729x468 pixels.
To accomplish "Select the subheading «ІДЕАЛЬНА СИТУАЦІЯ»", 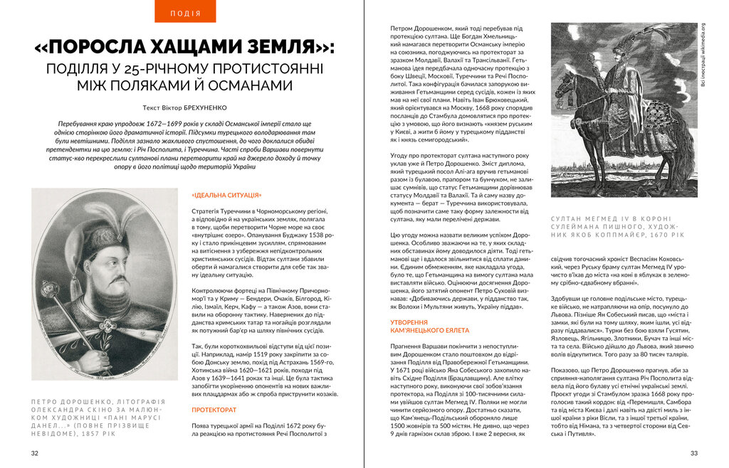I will coord(226,195).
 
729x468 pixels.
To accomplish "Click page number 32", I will coord(34,453).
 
